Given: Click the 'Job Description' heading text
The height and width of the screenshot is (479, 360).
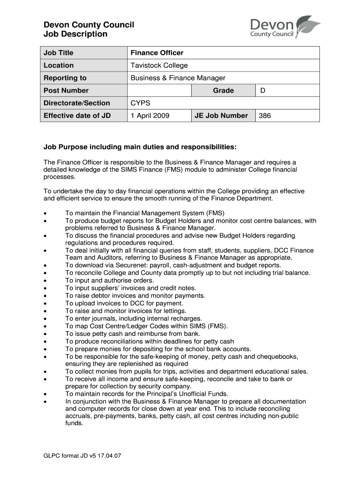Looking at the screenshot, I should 75,34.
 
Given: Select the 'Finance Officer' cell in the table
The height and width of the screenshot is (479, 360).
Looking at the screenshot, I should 157,53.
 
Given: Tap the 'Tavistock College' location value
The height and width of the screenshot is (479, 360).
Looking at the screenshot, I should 159,65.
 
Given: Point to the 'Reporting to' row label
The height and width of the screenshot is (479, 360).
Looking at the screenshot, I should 65,78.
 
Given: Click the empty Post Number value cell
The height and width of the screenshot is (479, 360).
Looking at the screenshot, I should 159,91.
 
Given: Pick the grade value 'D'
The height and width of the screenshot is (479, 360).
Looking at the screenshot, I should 263,91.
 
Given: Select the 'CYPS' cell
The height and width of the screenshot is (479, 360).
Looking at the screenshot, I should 140,103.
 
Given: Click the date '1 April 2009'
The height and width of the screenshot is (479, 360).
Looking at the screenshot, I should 150,116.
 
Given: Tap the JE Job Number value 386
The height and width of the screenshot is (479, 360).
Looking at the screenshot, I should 265,116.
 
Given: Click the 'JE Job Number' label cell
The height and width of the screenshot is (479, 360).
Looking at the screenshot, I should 221,116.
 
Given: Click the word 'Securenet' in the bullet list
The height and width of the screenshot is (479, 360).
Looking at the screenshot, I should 116,265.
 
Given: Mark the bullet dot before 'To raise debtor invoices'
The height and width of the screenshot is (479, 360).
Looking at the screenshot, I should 45,296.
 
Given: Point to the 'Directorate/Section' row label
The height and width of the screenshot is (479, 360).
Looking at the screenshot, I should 77,103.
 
